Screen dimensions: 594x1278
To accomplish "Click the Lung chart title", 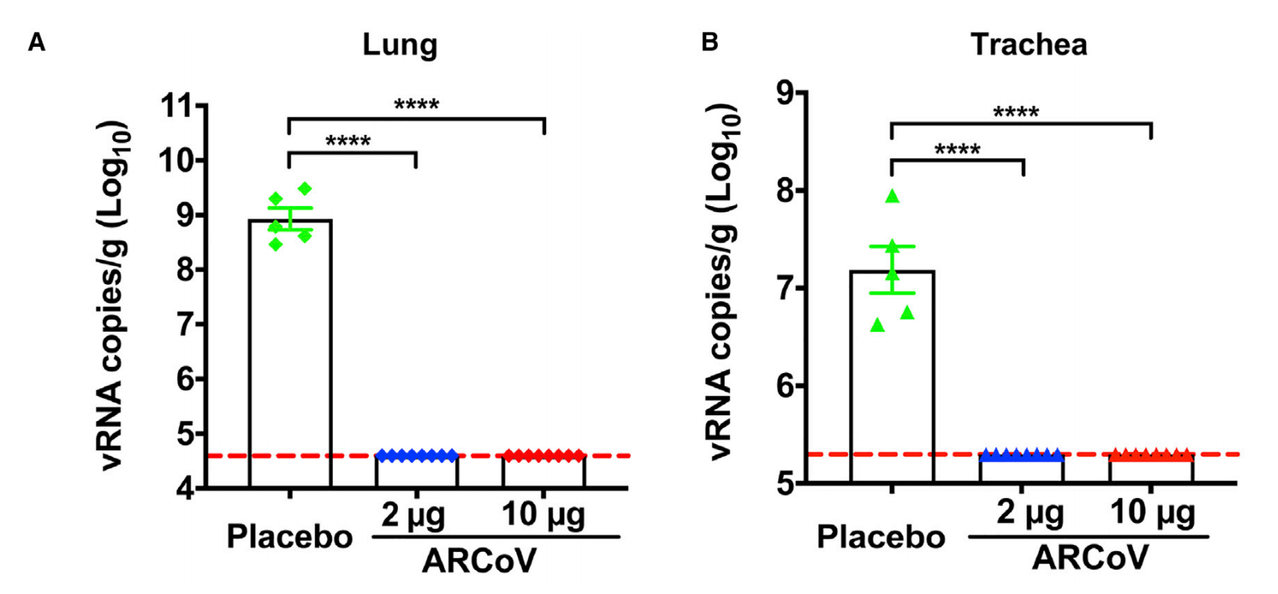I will coord(399,44).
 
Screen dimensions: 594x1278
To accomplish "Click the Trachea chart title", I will coord(1028,44).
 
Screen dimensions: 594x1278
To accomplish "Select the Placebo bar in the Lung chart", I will coord(290,351).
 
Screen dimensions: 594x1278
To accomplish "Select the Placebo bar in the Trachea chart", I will coord(891,375).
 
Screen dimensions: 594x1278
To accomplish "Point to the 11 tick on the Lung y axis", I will coord(178,105).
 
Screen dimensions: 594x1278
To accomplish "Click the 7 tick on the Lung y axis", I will coord(187,324).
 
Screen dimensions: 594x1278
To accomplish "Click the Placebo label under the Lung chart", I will coord(289,537).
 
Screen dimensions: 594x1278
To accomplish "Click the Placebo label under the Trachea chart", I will coord(880,537).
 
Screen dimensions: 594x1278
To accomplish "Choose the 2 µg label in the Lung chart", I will coord(413,514).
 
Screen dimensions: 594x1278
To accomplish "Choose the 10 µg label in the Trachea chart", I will coord(1152,513).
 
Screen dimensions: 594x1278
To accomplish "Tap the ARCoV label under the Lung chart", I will coord(479,560).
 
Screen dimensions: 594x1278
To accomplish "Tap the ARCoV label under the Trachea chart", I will coord(1090,558).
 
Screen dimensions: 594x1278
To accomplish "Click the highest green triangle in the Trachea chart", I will coord(892,197).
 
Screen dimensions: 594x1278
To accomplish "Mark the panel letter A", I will coord(37,43).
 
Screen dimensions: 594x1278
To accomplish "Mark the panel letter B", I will coord(709,41).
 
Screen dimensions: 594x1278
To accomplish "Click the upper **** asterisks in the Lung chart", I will coord(416,105).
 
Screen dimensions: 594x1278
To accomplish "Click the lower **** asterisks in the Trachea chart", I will coord(957,148).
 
